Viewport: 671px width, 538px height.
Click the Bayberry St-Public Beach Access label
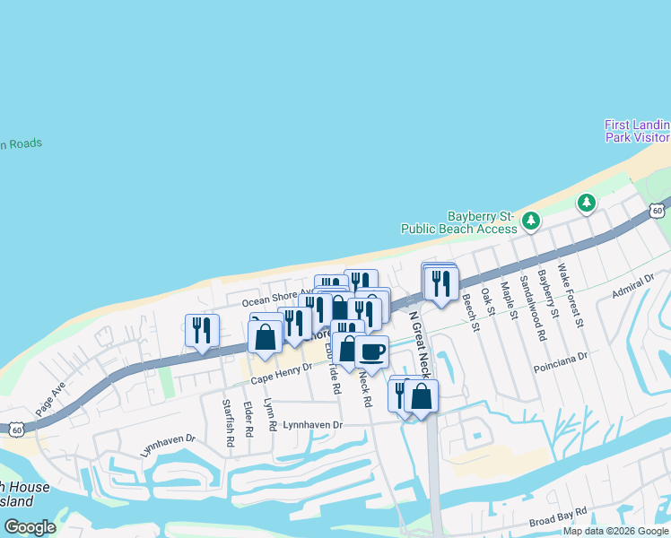pos(483,222)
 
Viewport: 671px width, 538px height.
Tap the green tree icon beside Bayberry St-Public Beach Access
pos(531,220)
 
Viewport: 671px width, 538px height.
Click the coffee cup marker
pos(371,351)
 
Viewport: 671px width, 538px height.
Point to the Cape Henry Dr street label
pos(281,374)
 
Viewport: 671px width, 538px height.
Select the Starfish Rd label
pos(227,416)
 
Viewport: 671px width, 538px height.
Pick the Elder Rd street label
pos(248,419)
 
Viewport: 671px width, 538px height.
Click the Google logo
pos(30,527)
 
